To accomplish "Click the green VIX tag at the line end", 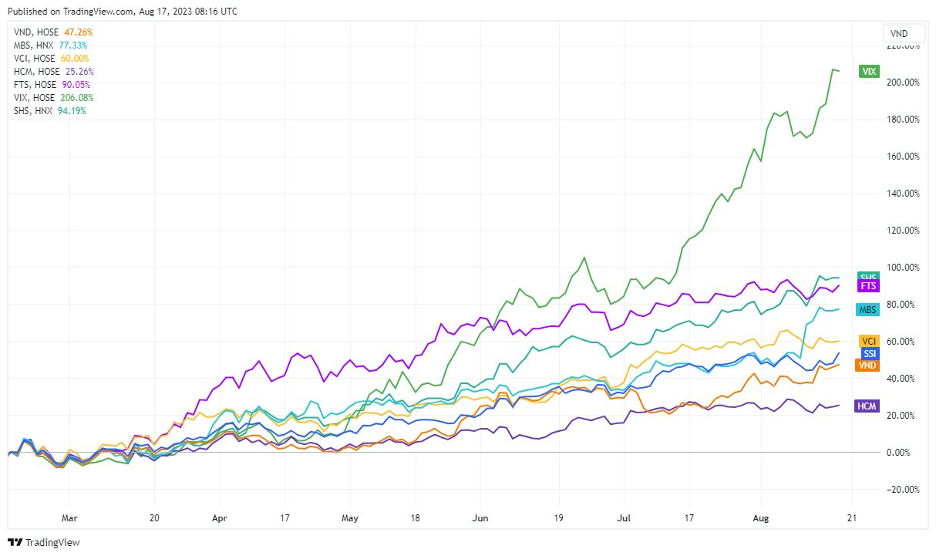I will click(869, 72).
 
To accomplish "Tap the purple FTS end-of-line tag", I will click(868, 286).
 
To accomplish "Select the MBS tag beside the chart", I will click(868, 309).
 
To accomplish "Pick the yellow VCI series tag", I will click(868, 341).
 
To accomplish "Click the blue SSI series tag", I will click(868, 353).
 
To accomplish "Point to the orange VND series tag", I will click(868, 365).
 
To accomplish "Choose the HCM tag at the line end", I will click(868, 406).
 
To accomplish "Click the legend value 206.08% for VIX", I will click(76, 98).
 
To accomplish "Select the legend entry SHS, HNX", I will click(33, 111).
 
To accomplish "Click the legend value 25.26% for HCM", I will click(77, 72).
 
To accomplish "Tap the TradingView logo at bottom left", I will click(44, 542).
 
